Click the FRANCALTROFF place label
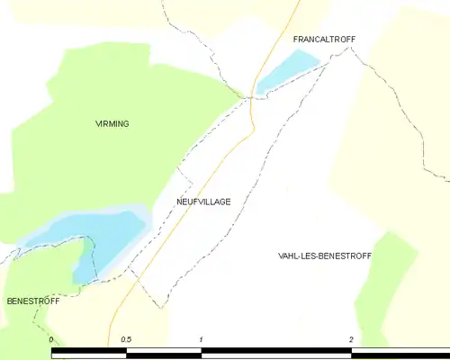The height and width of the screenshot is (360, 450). click(325, 40)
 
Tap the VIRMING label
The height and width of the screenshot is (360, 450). click(112, 123)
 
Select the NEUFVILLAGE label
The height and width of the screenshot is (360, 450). click(203, 202)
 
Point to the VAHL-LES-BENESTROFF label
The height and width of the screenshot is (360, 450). click(325, 256)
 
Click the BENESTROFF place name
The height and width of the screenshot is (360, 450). click(32, 301)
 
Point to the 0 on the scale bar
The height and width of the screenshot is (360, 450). click(52, 339)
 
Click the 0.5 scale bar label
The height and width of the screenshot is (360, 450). click(127, 339)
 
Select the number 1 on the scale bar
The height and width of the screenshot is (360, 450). click(202, 339)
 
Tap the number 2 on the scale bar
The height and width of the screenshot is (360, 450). click(350, 339)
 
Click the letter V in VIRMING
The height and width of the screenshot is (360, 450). click(98, 123)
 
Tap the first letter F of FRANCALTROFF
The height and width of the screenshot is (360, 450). click(296, 40)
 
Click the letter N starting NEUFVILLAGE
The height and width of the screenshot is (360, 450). click(180, 202)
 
